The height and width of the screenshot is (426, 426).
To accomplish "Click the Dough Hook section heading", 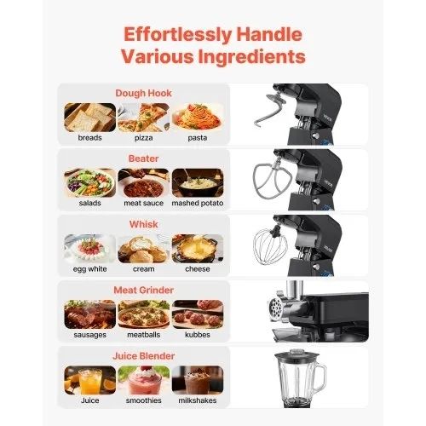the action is tap(143, 93).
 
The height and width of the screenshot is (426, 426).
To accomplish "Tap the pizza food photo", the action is tap(144, 118).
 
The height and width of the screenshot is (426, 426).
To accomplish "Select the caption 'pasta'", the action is tap(198, 138).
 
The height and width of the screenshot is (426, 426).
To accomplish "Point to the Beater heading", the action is tap(143, 158).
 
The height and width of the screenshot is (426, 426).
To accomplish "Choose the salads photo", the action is tap(90, 183).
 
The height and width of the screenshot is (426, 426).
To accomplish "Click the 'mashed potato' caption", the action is tap(198, 203).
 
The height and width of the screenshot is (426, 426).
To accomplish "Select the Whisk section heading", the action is tap(143, 224).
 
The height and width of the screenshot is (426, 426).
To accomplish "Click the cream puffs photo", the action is tap(144, 249).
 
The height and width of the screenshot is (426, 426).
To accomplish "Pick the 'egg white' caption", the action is tap(90, 269).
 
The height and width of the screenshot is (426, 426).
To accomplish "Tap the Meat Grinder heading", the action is tap(143, 290).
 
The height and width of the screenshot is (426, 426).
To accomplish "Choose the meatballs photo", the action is tap(144, 314).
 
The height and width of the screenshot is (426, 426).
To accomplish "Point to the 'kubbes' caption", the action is tap(198, 335).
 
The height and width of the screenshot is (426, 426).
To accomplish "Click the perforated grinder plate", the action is tap(275, 308).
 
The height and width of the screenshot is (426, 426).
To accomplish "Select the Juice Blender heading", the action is tap(143, 356).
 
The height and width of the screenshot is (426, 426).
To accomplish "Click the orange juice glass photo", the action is tap(90, 380).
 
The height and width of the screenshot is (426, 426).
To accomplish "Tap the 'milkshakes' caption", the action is tap(198, 400).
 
